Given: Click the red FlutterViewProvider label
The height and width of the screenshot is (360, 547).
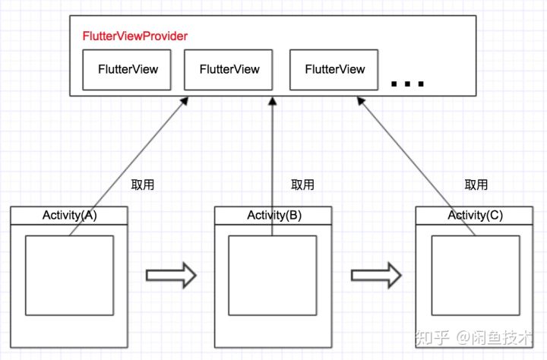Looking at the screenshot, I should [134, 36].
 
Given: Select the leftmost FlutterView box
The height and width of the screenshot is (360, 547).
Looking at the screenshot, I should [128, 69].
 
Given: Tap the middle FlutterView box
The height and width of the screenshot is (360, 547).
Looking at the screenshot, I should [229, 69].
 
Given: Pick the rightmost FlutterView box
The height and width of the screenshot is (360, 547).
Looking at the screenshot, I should [334, 69].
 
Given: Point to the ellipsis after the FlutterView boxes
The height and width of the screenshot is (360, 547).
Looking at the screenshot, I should [407, 83].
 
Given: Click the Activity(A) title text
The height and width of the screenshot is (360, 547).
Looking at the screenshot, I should [69, 215].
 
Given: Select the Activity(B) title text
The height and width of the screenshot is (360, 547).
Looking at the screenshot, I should [273, 215].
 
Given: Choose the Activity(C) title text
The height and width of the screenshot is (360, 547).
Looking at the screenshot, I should [475, 215].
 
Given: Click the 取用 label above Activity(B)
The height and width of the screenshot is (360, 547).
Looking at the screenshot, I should [302, 185].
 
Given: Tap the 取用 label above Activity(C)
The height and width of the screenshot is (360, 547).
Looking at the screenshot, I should [476, 185].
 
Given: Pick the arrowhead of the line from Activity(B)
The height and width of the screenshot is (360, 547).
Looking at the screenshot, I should [271, 101].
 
